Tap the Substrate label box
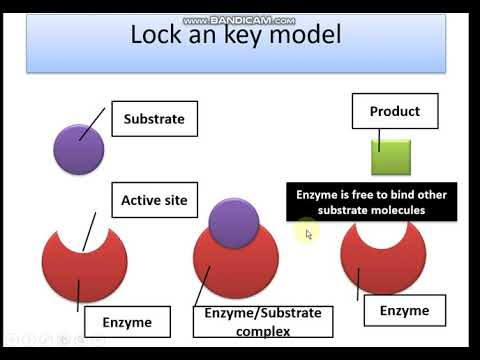[153, 119]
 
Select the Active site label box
[153, 200]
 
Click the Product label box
[394, 111]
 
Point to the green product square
[391, 158]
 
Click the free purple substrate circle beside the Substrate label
[79, 150]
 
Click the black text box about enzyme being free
[370, 202]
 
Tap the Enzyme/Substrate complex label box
[262, 321]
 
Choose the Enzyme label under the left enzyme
[127, 322]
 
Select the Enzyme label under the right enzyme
[404, 311]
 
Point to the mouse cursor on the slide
[309, 234]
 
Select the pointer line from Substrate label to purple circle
[92, 126]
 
